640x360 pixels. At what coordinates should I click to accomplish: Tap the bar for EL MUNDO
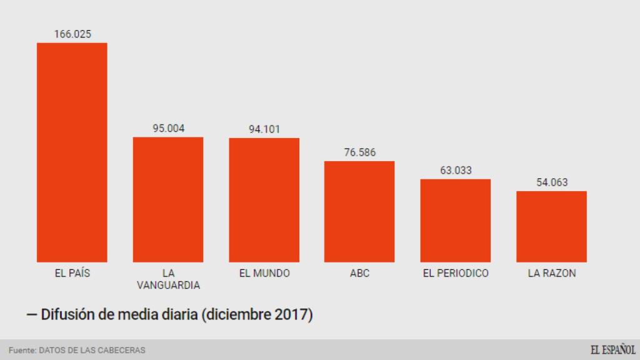[264, 199]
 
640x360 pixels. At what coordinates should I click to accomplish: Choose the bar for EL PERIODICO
[455, 220]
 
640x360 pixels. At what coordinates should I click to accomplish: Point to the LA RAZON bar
[551, 226]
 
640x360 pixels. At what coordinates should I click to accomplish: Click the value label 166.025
[72, 34]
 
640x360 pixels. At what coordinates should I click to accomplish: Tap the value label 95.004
[168, 128]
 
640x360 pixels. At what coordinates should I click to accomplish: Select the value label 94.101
[264, 129]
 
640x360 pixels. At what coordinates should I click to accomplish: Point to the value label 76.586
[359, 152]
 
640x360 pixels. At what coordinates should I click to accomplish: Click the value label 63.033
[456, 170]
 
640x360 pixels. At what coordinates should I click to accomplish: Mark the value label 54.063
[552, 182]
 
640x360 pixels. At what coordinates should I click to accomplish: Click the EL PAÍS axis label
[72, 273]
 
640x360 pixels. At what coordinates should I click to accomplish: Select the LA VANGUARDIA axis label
[168, 279]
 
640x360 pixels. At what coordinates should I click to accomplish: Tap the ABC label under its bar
[359, 273]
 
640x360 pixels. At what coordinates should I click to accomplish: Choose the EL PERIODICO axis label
[456, 273]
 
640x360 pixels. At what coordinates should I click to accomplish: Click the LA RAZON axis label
[552, 273]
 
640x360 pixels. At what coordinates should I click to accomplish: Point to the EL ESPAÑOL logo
[612, 349]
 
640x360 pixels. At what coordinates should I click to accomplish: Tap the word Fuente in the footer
[22, 350]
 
